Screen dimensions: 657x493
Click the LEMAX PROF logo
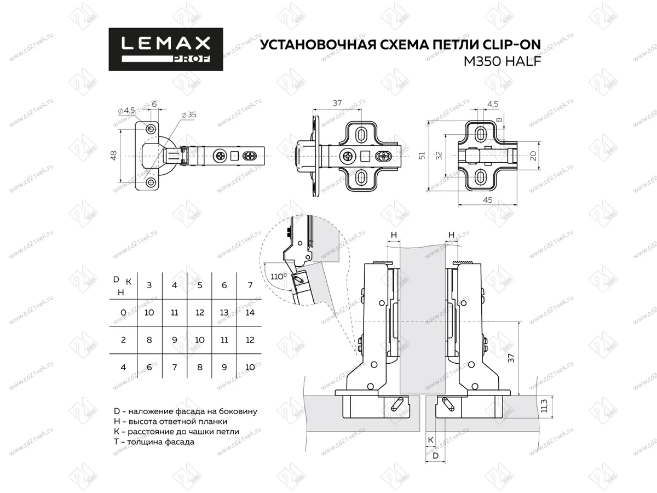(165, 49)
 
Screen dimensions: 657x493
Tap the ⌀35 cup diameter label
(189, 115)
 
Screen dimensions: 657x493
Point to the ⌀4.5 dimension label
(126, 111)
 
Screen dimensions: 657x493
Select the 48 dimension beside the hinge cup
(114, 156)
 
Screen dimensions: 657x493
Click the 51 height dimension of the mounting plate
(422, 156)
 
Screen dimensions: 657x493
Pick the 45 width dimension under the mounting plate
(488, 200)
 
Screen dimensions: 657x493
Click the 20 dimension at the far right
(533, 156)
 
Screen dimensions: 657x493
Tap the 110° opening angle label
(279, 276)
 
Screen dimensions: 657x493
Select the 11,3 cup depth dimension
(544, 406)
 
